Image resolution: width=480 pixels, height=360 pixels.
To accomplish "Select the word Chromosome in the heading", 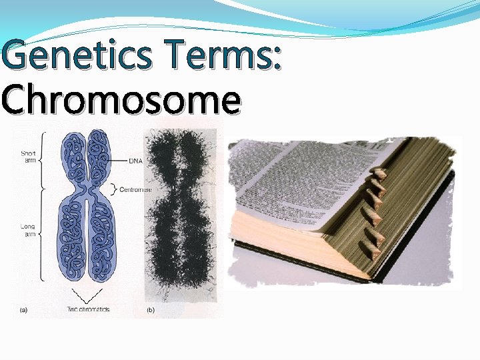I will pos(121,101).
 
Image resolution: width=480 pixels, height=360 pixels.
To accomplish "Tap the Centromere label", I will pos(135,189).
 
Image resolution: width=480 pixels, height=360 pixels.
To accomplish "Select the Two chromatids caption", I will pos(87,309).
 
